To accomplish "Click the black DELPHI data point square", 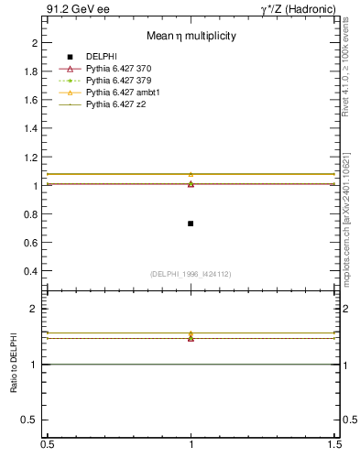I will pyautogui.click(x=191, y=224).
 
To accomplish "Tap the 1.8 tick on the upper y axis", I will pyautogui.click(x=30, y=71).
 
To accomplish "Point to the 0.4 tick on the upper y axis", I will pyautogui.click(x=30, y=271).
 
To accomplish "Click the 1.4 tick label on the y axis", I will pyautogui.click(x=30, y=128).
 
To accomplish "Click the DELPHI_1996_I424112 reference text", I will pyautogui.click(x=191, y=274).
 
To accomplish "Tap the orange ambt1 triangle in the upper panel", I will pyautogui.click(x=191, y=174).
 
